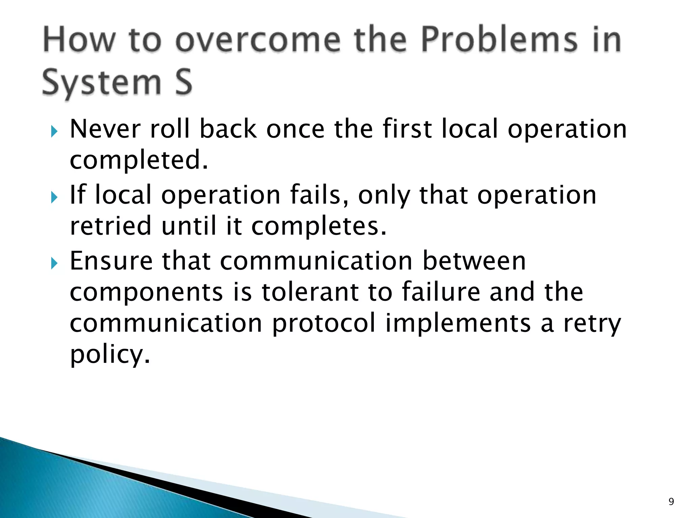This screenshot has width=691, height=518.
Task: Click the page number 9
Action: coord(671,502)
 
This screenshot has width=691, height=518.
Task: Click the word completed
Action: coord(139,161)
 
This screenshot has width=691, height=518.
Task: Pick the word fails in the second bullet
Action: coord(319,195)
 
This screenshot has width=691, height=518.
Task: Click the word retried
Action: coord(111,226)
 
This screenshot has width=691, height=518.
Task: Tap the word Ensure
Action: coord(111,261)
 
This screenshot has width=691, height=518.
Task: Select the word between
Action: coord(474,261)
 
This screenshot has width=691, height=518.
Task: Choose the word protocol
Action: coord(324,324)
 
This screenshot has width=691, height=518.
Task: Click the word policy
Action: coord(109,355)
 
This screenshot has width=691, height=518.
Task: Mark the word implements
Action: coord(458,324)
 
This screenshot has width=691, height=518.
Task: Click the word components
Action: coord(146,293)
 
